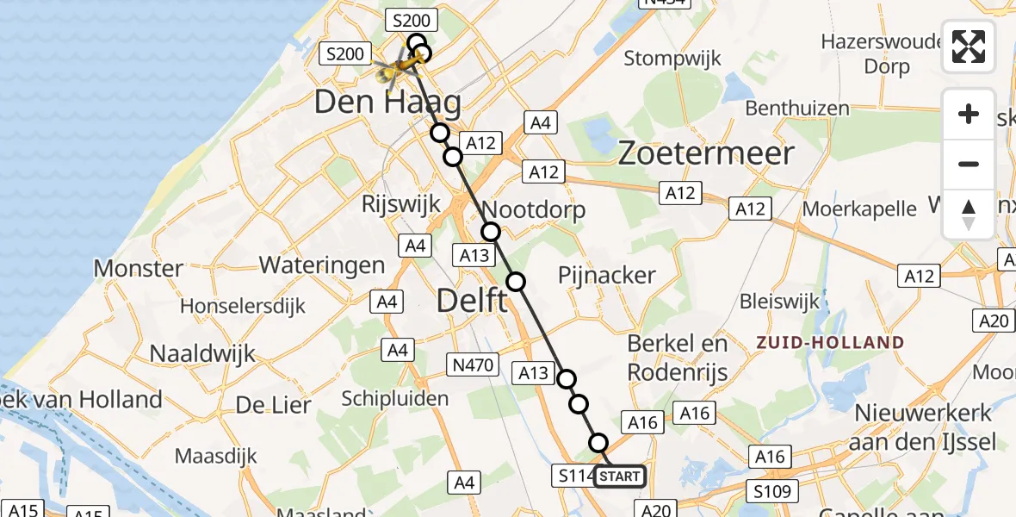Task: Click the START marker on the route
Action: pyautogui.click(x=618, y=476)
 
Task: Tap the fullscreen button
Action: pyautogui.click(x=969, y=47)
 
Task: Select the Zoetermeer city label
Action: pyautogui.click(x=706, y=154)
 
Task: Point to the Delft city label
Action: pyautogui.click(x=472, y=301)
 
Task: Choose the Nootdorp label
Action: pyautogui.click(x=534, y=209)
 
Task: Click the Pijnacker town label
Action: pyautogui.click(x=606, y=276)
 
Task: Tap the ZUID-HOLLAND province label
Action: pyautogui.click(x=830, y=342)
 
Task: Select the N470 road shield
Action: pyautogui.click(x=473, y=365)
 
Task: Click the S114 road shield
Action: pyautogui.click(x=573, y=476)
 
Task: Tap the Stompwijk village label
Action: pyautogui.click(x=671, y=59)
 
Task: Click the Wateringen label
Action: pyautogui.click(x=321, y=265)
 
